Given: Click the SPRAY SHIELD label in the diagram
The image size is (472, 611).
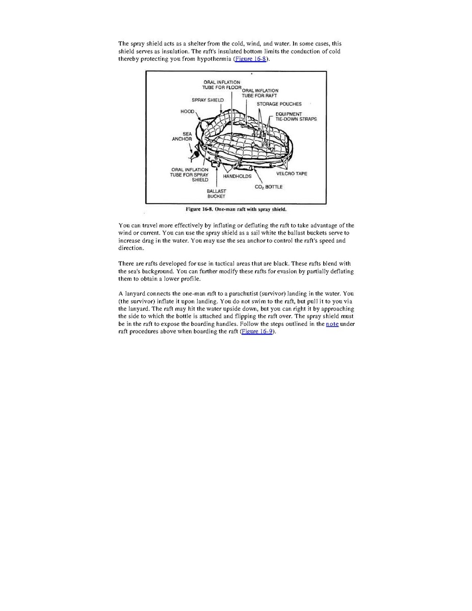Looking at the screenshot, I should pyautogui.click(x=207, y=100).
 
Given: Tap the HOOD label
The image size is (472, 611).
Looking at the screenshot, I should pyautogui.click(x=187, y=111).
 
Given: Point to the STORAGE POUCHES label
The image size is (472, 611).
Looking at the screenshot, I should pyautogui.click(x=279, y=104).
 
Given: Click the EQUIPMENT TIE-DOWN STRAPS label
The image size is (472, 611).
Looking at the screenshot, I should pyautogui.click(x=296, y=117).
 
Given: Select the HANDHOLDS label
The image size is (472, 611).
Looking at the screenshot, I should pyautogui.click(x=237, y=176).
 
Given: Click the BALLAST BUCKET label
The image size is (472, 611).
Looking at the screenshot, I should pyautogui.click(x=216, y=193).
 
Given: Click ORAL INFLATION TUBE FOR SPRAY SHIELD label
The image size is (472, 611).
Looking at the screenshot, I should pyautogui.click(x=189, y=174).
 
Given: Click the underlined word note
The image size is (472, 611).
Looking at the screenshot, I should pyautogui.click(x=332, y=324).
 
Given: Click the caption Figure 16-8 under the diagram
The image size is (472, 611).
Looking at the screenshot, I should pyautogui.click(x=235, y=209).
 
